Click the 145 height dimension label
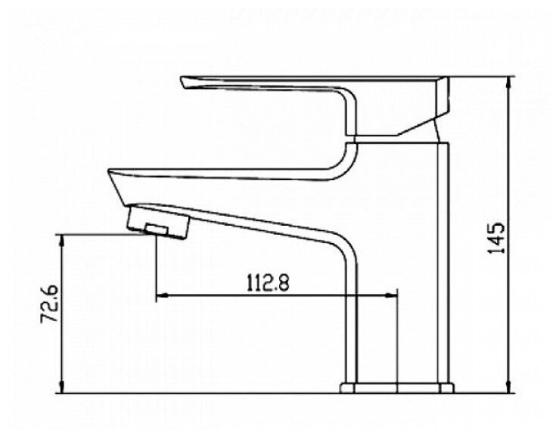tap(497, 238)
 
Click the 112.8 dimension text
tap(268, 282)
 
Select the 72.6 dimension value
tap(49, 304)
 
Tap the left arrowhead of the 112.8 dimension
tap(162, 295)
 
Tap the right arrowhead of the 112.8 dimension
tap(391, 295)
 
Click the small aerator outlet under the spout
tap(157, 229)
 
